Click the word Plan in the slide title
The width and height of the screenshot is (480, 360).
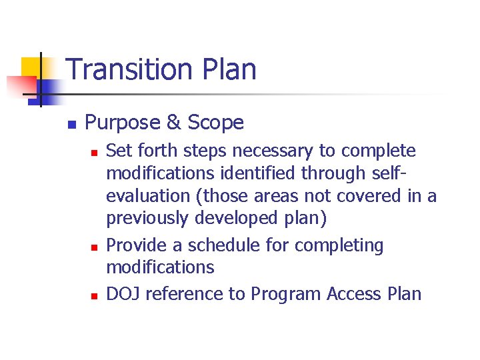click(230, 69)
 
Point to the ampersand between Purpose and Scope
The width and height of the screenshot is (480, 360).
click(173, 123)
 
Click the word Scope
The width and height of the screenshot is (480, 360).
click(216, 123)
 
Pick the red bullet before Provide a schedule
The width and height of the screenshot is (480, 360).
click(95, 247)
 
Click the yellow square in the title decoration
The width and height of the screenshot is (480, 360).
click(31, 67)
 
